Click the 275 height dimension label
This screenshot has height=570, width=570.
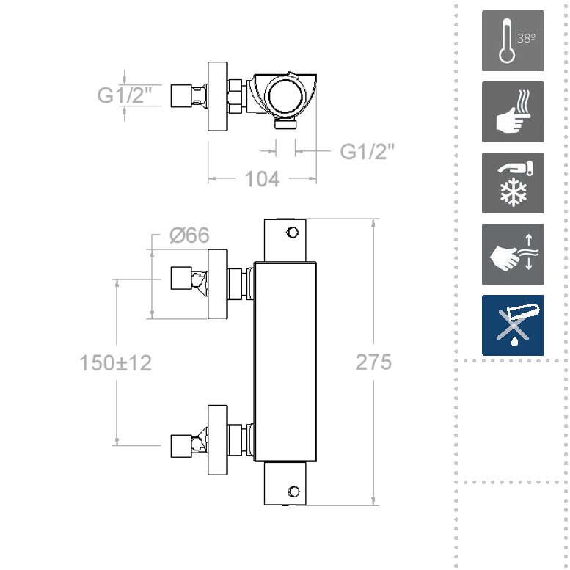point(373,362)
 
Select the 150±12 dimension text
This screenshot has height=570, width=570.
point(115,362)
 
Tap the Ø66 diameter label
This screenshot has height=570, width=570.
point(189,235)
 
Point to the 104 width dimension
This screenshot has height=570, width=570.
point(262,178)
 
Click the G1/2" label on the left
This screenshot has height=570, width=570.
point(125,95)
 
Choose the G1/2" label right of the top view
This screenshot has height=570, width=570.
point(368,152)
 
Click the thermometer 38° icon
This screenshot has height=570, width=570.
point(512,40)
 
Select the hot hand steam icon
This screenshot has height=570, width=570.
point(512,112)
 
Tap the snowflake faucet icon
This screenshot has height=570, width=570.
point(512,183)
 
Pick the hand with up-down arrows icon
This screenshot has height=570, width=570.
point(512,254)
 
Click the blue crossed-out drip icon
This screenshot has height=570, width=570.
point(512,325)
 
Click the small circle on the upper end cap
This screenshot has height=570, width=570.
point(292,233)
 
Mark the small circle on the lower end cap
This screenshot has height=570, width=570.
point(293,491)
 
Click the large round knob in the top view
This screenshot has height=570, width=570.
point(284,96)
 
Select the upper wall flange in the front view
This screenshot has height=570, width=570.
point(218,284)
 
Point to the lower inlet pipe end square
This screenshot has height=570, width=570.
point(180,445)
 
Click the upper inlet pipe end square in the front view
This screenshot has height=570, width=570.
point(180,279)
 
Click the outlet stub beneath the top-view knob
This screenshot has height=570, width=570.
point(285,125)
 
